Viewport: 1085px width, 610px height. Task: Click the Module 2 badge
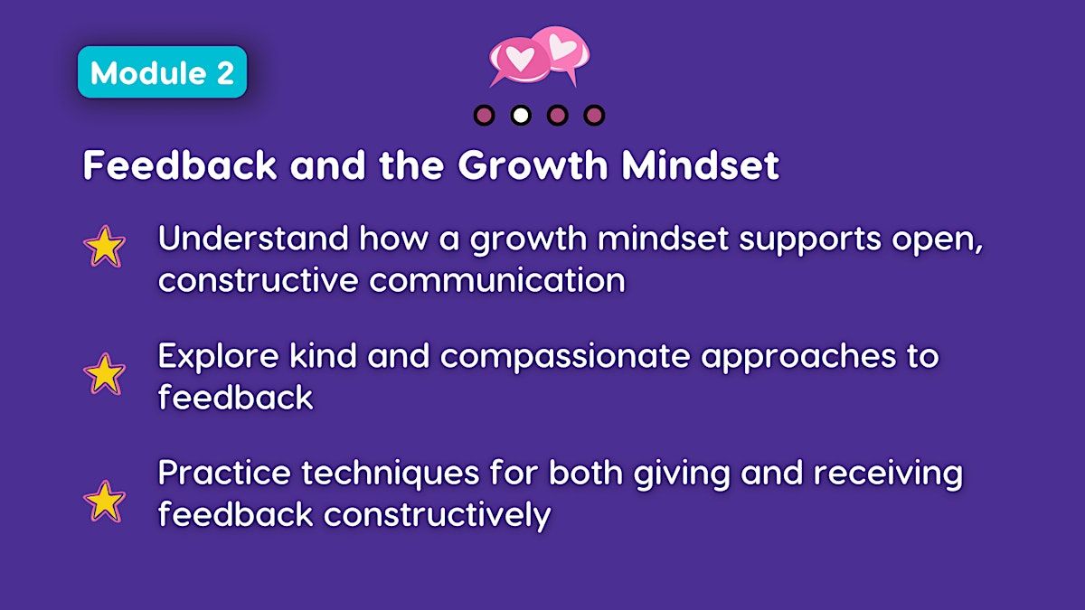pyautogui.click(x=162, y=72)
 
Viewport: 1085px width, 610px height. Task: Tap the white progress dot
pyautogui.click(x=521, y=116)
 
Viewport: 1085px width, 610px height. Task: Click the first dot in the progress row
pyautogui.click(x=485, y=116)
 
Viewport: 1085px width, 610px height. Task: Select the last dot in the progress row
pyautogui.click(x=594, y=116)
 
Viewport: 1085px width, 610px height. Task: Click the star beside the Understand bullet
pyautogui.click(x=104, y=246)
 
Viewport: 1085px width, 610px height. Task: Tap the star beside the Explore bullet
pyautogui.click(x=104, y=374)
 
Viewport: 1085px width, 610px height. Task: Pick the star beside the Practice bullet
pyautogui.click(x=104, y=501)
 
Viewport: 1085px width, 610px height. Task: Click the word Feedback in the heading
pyautogui.click(x=180, y=164)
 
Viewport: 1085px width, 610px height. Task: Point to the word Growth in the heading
pyautogui.click(x=533, y=164)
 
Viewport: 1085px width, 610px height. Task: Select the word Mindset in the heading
pyautogui.click(x=701, y=164)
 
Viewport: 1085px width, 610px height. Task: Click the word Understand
pyautogui.click(x=253, y=239)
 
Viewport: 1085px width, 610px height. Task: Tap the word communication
pyautogui.click(x=497, y=280)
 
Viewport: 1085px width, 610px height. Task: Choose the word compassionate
pyautogui.click(x=565, y=357)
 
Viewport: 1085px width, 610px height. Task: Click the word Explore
pyautogui.click(x=219, y=356)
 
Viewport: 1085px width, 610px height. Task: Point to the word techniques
pyautogui.click(x=391, y=474)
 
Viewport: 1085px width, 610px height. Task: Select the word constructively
pyautogui.click(x=437, y=514)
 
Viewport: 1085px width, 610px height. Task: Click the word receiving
pyautogui.click(x=888, y=474)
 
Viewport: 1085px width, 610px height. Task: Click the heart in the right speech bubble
pyautogui.click(x=562, y=46)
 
